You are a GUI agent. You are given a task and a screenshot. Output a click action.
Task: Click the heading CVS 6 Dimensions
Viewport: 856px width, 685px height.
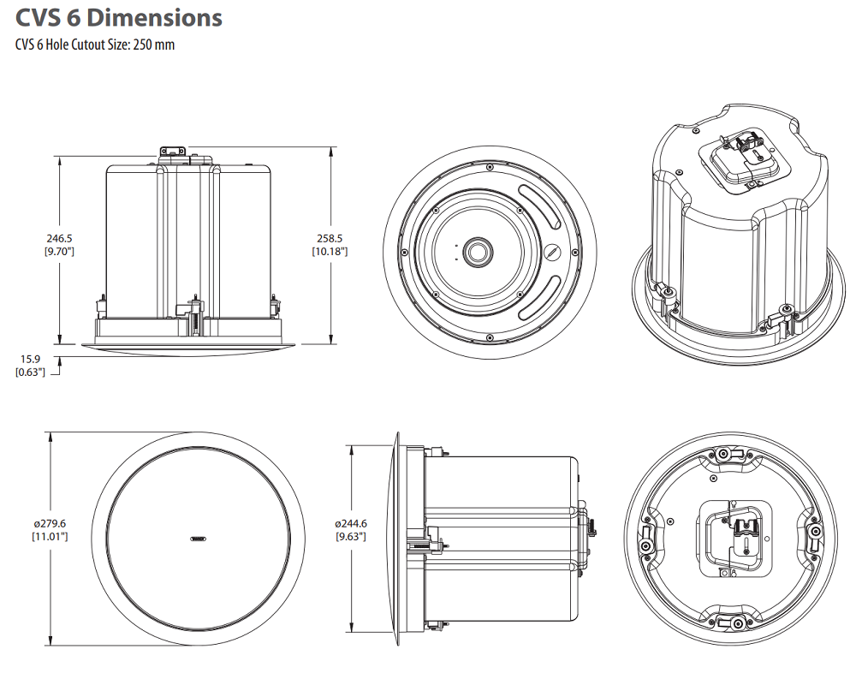(x=119, y=17)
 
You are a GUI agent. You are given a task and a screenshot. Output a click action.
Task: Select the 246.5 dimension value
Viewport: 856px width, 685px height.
(x=58, y=239)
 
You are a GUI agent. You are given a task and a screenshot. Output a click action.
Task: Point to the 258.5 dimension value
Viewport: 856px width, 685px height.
(x=330, y=239)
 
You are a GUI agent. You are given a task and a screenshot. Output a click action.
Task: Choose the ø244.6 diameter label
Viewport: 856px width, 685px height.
(x=351, y=523)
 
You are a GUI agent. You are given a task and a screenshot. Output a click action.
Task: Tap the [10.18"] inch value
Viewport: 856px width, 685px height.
(x=330, y=252)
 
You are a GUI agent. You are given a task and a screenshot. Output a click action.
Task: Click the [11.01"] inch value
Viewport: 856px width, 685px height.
(x=51, y=536)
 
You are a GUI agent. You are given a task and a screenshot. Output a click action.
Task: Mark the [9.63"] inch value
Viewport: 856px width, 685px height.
(x=351, y=537)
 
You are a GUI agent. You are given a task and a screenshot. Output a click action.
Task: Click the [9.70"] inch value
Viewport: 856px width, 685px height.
(x=58, y=252)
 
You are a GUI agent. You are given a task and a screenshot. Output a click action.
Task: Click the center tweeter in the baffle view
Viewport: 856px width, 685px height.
(x=476, y=252)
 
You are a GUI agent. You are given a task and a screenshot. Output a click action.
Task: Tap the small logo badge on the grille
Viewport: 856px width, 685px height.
(x=198, y=539)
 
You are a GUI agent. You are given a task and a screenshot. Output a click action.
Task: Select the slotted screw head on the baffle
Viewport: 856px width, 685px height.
(x=552, y=253)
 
